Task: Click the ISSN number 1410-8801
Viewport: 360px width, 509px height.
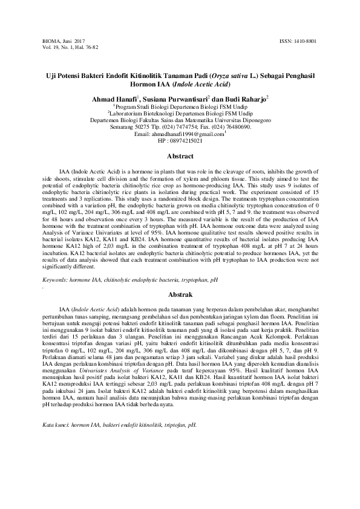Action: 307,40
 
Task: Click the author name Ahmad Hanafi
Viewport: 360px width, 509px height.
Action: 113,98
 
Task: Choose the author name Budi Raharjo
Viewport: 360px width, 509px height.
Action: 246,98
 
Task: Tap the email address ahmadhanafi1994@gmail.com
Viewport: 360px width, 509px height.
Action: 187,134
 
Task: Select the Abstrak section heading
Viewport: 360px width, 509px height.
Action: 180,294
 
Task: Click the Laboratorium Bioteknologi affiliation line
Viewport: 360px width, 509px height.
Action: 179,112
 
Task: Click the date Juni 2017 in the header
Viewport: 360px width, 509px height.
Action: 75,40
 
